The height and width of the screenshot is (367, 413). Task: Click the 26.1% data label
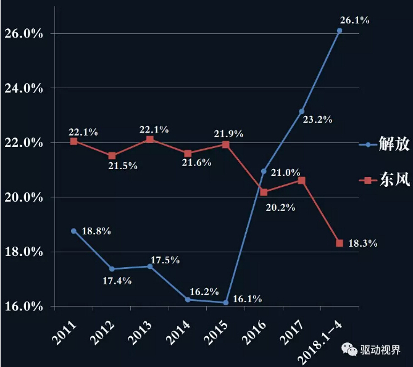pyautogui.click(x=354, y=20)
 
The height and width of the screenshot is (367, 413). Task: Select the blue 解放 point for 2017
pyautogui.click(x=301, y=112)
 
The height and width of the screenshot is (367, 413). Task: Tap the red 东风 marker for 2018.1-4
pyautogui.click(x=340, y=243)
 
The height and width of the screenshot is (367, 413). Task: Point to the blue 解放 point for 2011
pyautogui.click(x=73, y=231)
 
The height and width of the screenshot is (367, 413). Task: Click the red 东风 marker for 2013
pyautogui.click(x=150, y=139)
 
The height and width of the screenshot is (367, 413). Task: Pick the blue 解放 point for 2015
pyautogui.click(x=226, y=302)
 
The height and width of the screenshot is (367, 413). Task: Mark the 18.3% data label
pyautogui.click(x=363, y=244)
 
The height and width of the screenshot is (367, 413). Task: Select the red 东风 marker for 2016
pyautogui.click(x=264, y=192)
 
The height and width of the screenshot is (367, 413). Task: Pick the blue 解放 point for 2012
pyautogui.click(x=112, y=269)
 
